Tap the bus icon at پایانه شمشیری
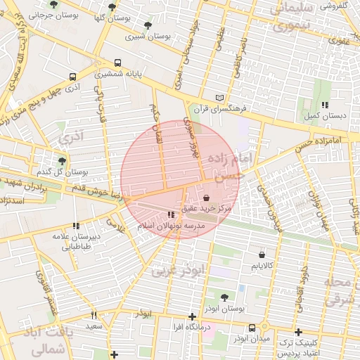(x=117, y=63)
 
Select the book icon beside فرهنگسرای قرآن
(x=222, y=98)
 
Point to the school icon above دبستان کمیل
(x=324, y=105)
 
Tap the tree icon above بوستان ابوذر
(x=224, y=298)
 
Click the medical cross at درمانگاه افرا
(x=193, y=316)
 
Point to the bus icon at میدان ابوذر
(x=252, y=328)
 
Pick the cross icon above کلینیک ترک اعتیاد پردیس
(x=298, y=332)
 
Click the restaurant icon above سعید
(x=94, y=316)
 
